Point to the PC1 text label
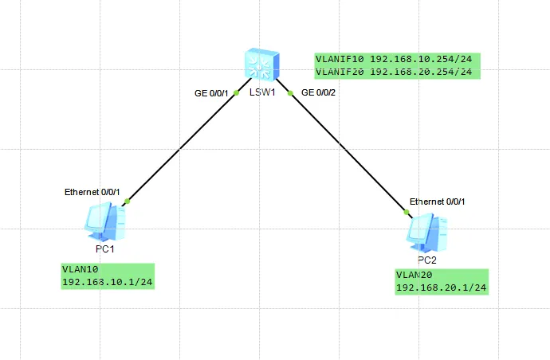[x=105, y=249]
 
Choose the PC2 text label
[x=428, y=260]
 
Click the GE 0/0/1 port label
[x=212, y=93]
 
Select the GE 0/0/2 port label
[x=318, y=93]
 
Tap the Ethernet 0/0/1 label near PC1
[x=92, y=192]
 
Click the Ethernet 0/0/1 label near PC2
[x=437, y=202]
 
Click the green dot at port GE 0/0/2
[x=291, y=93]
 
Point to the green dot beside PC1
[x=127, y=201]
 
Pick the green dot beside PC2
[x=406, y=211]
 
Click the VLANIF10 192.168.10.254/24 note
[x=399, y=59]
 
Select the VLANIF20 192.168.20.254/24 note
[x=399, y=72]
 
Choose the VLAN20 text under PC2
[x=414, y=274]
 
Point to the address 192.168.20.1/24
[x=442, y=288]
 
